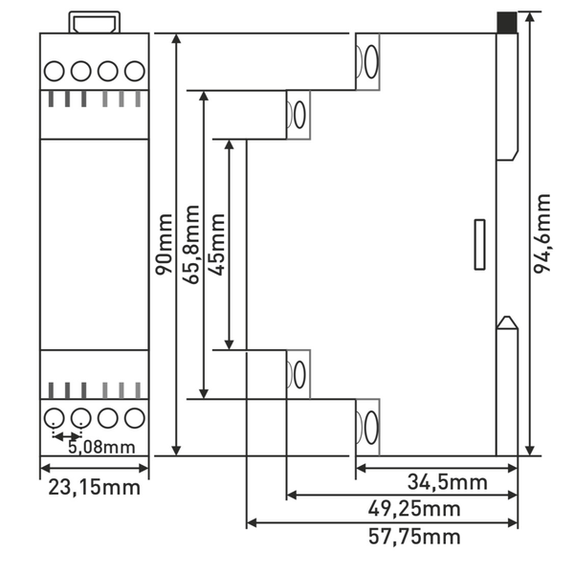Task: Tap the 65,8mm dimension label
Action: pyautogui.click(x=192, y=244)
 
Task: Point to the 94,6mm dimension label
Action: pyautogui.click(x=542, y=234)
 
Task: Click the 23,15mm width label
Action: pyautogui.click(x=95, y=487)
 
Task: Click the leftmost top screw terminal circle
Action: pyautogui.click(x=55, y=70)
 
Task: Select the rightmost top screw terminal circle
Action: pyautogui.click(x=134, y=70)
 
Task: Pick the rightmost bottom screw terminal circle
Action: pyautogui.click(x=134, y=417)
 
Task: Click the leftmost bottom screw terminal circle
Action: pyautogui.click(x=55, y=417)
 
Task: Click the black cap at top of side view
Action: pyautogui.click(x=507, y=22)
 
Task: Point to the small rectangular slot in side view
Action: pyautogui.click(x=480, y=245)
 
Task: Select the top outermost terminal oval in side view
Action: pyautogui.click(x=369, y=61)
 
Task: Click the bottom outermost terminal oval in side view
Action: pyautogui.click(x=369, y=428)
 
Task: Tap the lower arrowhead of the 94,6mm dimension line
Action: pyautogui.click(x=530, y=449)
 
